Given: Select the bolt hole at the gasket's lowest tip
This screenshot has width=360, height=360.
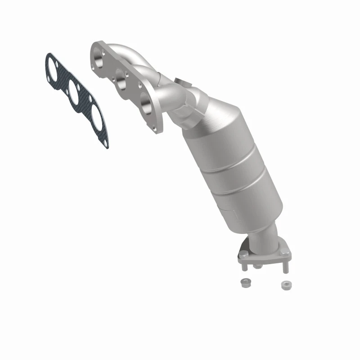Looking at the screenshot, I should pos(105,144).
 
